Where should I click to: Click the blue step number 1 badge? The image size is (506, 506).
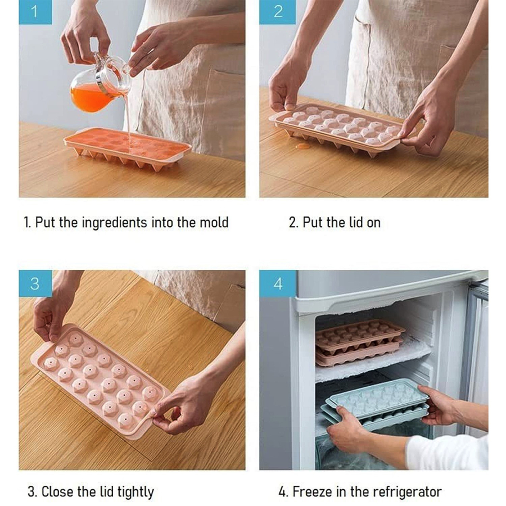click(x=35, y=12)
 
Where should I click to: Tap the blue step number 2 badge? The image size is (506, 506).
click(x=278, y=12)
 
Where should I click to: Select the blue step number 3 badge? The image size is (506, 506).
click(x=35, y=283)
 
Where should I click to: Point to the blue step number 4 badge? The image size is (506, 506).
click(x=278, y=283)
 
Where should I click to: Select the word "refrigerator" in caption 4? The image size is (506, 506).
click(x=404, y=492)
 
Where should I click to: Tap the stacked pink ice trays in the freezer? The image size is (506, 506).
click(x=360, y=343)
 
